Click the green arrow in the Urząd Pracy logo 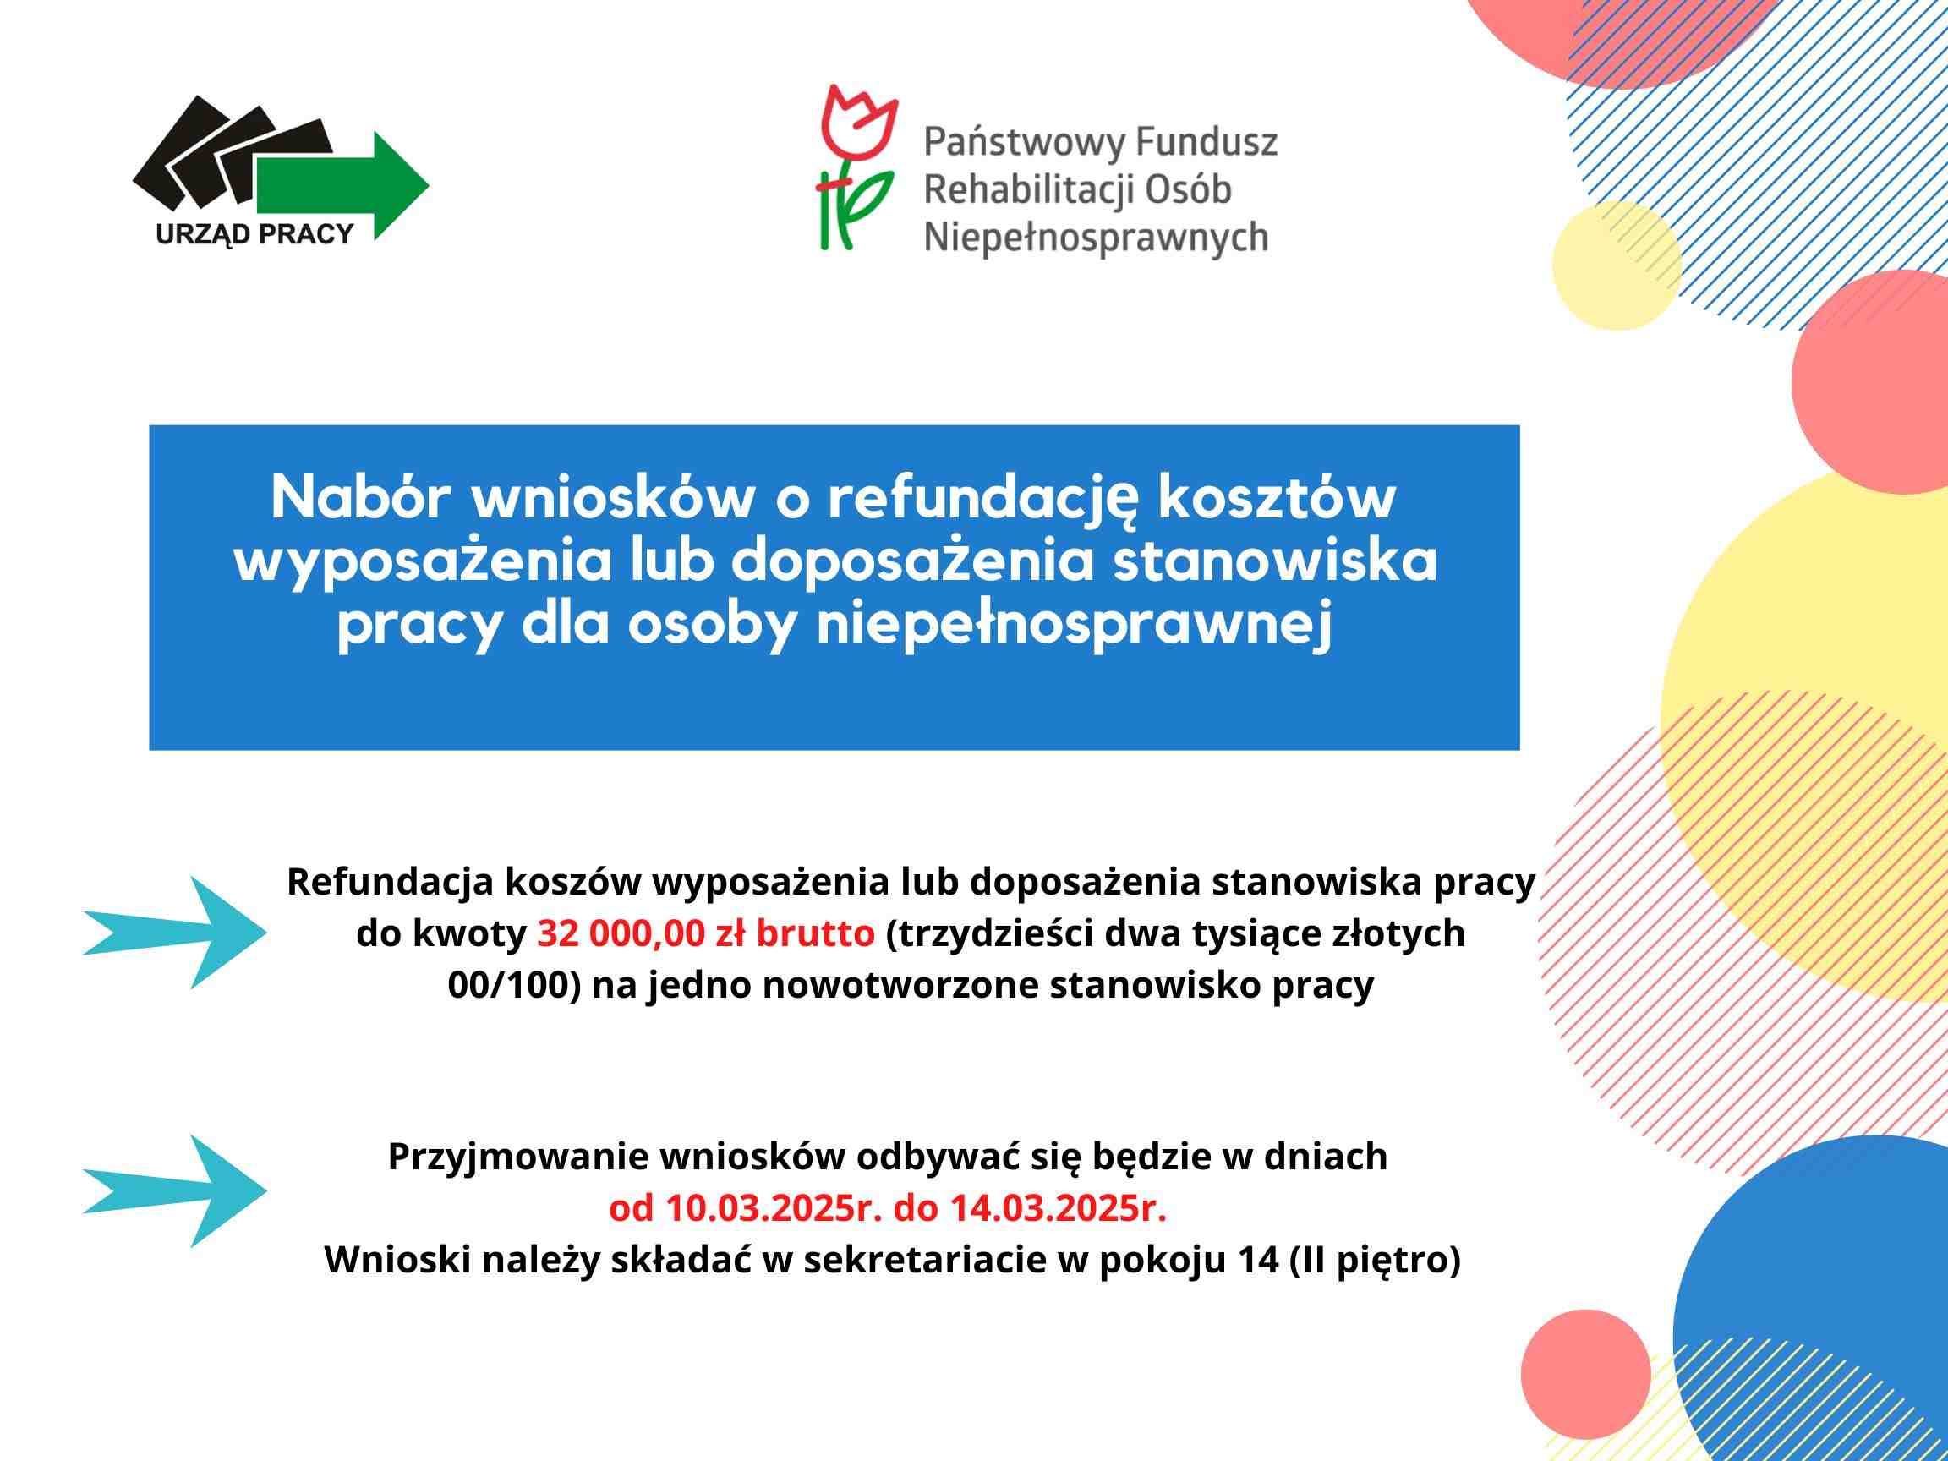click(343, 186)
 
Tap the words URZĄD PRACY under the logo click(254, 235)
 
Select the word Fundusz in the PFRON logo click(1207, 142)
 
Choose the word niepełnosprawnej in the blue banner click(1076, 628)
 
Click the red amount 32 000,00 click(621, 933)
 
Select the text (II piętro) click(1375, 1261)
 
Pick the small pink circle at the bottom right click(1585, 1375)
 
